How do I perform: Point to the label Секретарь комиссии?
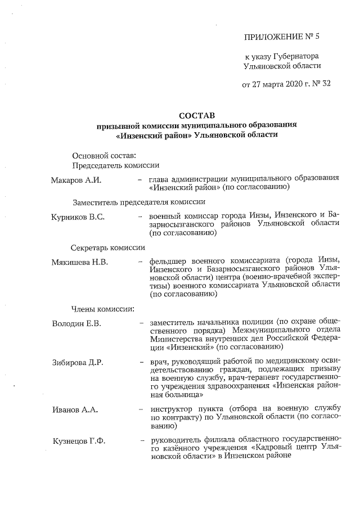pyautogui.click(x=108, y=247)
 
